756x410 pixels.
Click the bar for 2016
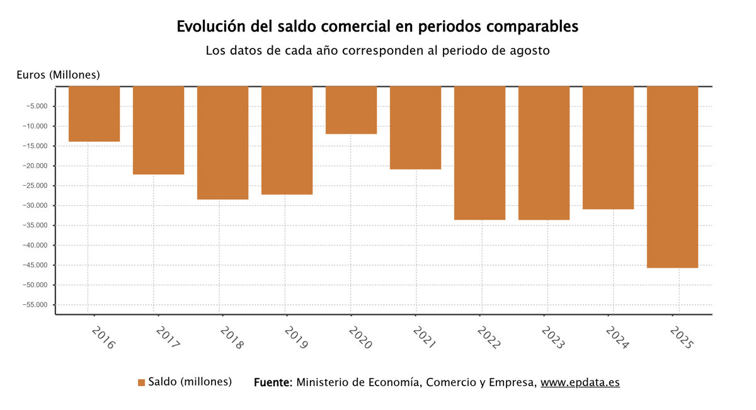tap(94, 114)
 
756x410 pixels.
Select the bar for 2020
tap(351, 110)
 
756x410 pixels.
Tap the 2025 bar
tap(672, 177)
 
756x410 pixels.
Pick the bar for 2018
tap(222, 143)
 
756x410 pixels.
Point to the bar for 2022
tap(479, 153)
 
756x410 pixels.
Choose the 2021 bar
tap(415, 128)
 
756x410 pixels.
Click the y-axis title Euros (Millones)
tap(58, 75)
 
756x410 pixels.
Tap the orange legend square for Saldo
tap(141, 382)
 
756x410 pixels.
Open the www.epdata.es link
tap(580, 382)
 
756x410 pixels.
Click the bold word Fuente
tap(273, 382)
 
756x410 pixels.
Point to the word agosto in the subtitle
tap(529, 50)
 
